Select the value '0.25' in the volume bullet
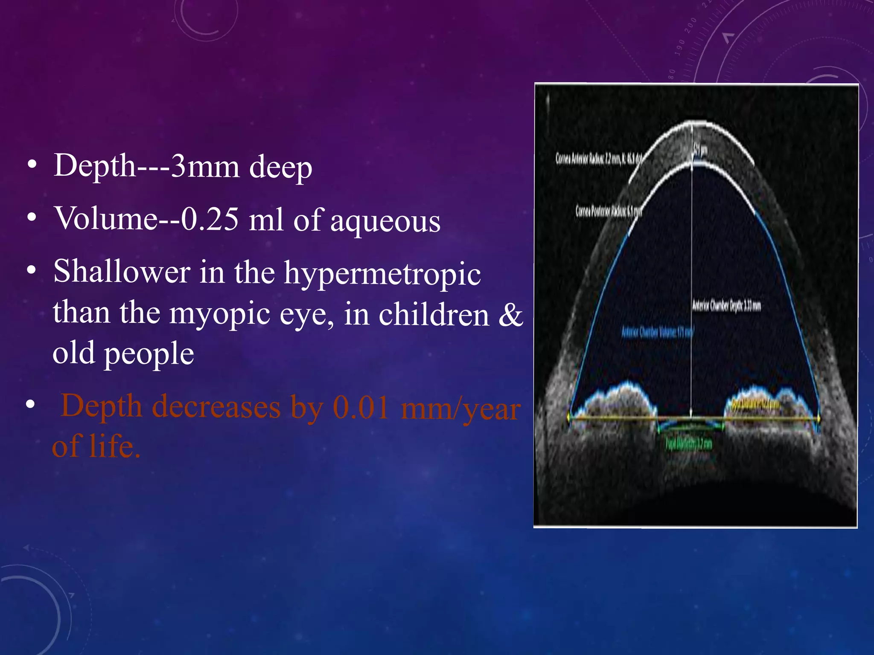tap(210, 219)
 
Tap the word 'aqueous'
tap(385, 221)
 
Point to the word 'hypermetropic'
tap(382, 273)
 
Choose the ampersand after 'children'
tap(510, 315)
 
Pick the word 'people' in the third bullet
tap(149, 354)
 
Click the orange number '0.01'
tap(361, 408)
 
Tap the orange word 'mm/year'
tap(460, 409)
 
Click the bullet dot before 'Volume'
tap(31, 217)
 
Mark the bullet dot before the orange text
tap(30, 404)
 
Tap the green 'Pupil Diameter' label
tap(688, 444)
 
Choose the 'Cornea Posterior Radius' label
tap(609, 211)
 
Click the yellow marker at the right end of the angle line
tap(819, 419)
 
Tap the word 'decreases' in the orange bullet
tap(216, 407)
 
